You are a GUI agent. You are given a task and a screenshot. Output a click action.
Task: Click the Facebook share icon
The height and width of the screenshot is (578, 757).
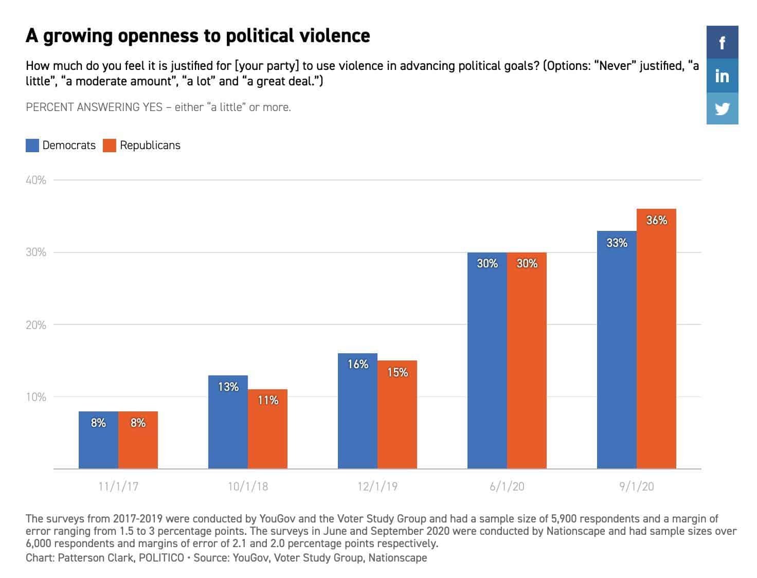click(722, 42)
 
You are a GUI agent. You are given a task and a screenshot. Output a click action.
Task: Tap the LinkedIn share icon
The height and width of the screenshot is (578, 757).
click(722, 76)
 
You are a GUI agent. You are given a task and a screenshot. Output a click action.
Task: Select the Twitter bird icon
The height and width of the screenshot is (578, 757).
click(722, 109)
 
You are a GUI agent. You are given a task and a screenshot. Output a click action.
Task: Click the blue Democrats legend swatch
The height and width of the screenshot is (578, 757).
click(32, 146)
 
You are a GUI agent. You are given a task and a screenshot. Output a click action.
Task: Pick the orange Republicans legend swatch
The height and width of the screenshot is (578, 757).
click(110, 146)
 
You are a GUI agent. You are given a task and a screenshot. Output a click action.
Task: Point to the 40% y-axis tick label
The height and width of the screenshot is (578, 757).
click(36, 180)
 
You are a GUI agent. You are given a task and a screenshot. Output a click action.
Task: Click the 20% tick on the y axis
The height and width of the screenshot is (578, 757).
click(36, 325)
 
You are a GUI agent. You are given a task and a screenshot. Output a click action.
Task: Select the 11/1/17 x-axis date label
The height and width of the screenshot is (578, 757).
click(118, 486)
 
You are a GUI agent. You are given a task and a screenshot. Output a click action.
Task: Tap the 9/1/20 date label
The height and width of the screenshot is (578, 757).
click(637, 486)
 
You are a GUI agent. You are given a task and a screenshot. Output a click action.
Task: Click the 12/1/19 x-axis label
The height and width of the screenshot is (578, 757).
click(377, 486)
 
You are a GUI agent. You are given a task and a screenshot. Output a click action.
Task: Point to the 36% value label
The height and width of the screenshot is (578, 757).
click(657, 221)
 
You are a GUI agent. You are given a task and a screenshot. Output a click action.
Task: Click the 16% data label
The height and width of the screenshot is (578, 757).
click(358, 365)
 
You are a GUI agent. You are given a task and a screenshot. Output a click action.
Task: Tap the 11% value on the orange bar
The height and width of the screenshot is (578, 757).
click(268, 400)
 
